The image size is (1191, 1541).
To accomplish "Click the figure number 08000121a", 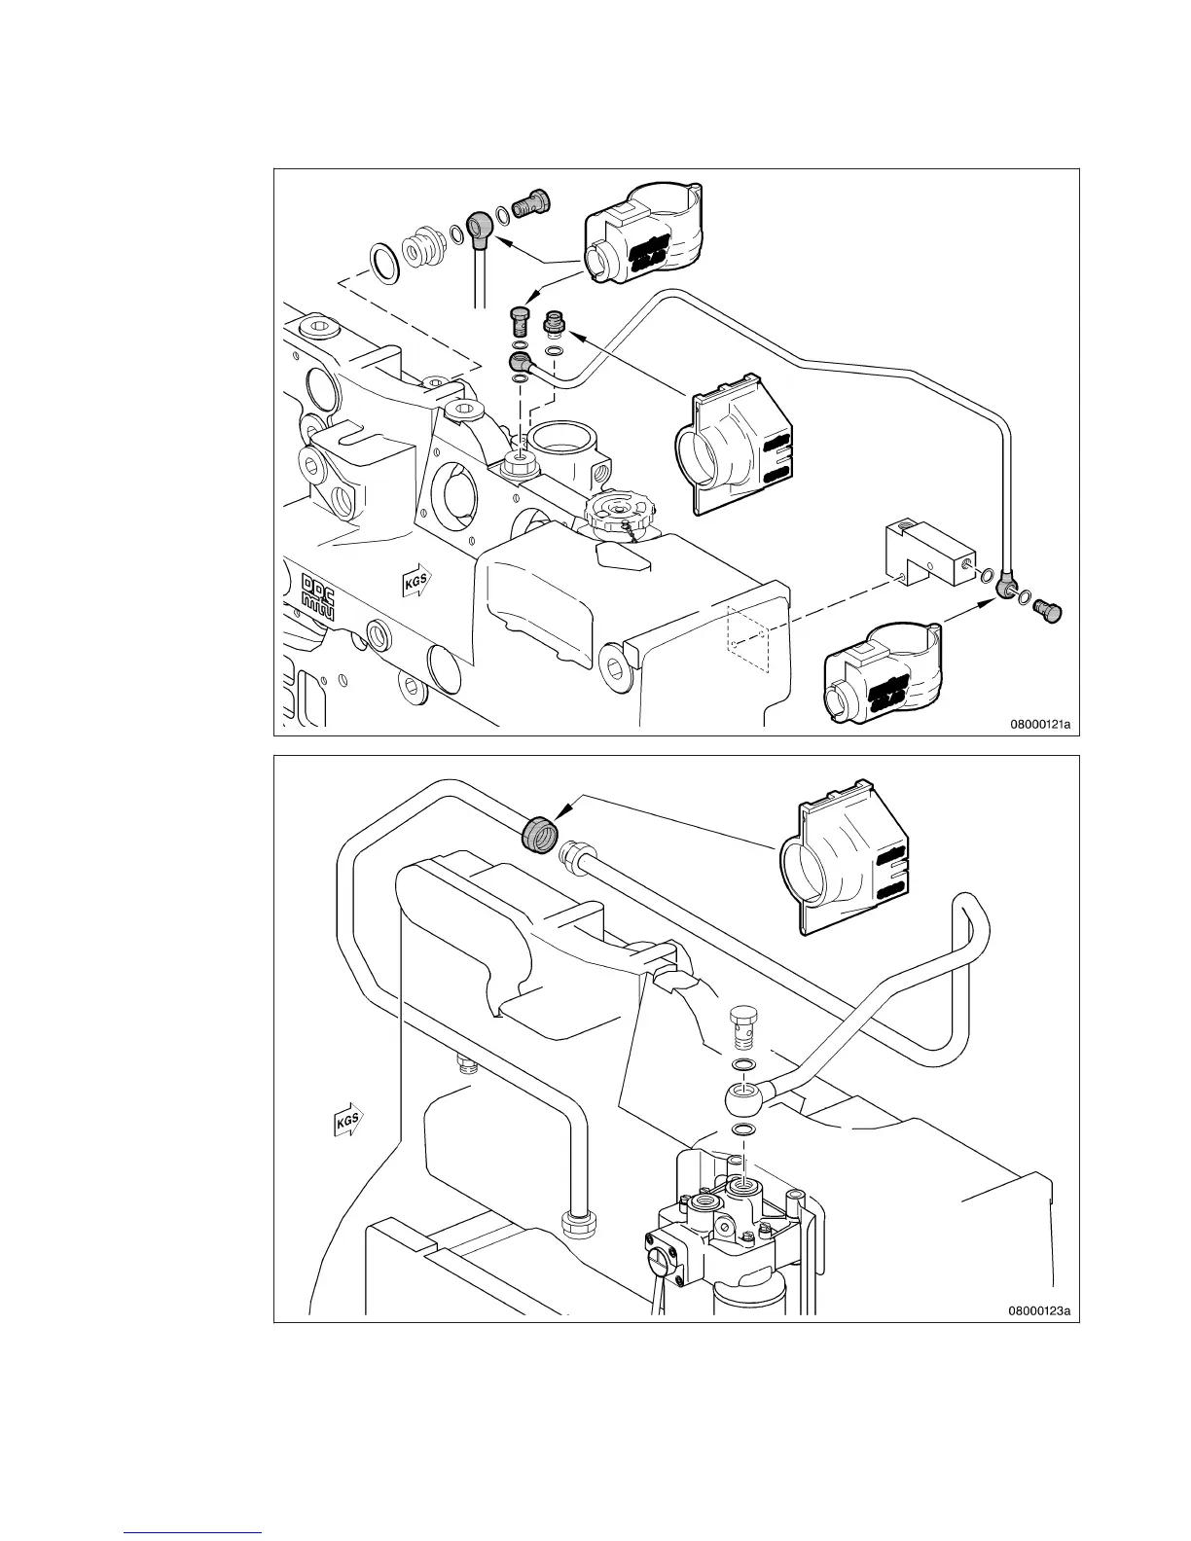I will coord(1040,724).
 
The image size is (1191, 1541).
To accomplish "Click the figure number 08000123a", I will coord(1040,1310).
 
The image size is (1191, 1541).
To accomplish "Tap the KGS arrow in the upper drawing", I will coord(416,583).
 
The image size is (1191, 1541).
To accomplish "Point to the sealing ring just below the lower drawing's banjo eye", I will coord(743,1130).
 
